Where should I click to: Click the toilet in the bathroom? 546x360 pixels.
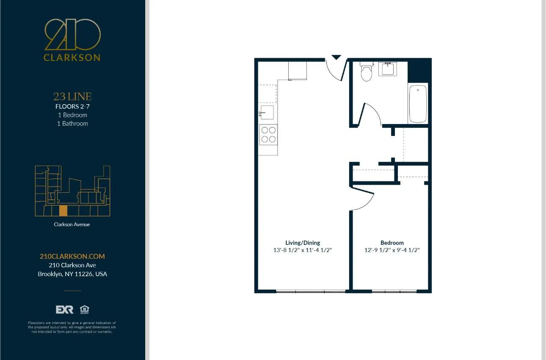(x=366, y=72)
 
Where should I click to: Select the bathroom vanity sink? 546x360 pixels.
(x=387, y=69)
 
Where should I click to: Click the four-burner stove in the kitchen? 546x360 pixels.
(x=268, y=135)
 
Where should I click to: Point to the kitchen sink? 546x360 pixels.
(x=267, y=113)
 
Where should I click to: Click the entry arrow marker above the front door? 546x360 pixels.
(x=336, y=57)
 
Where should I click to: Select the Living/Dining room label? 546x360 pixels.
(x=303, y=243)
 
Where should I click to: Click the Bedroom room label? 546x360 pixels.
(x=392, y=243)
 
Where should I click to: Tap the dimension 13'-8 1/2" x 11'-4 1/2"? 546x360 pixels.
(x=303, y=250)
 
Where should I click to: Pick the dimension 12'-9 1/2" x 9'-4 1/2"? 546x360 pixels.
(x=392, y=250)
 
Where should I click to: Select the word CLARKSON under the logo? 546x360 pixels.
(x=72, y=58)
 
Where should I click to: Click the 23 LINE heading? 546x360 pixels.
(x=72, y=97)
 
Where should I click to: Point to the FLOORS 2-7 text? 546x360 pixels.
(x=72, y=107)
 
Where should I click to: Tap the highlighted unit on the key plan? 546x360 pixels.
(x=63, y=210)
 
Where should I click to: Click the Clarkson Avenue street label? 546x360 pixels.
(x=72, y=224)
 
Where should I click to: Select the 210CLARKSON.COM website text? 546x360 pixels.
(x=72, y=256)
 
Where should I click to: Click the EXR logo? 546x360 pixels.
(x=65, y=310)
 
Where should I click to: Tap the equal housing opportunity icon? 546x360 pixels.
(x=84, y=310)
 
